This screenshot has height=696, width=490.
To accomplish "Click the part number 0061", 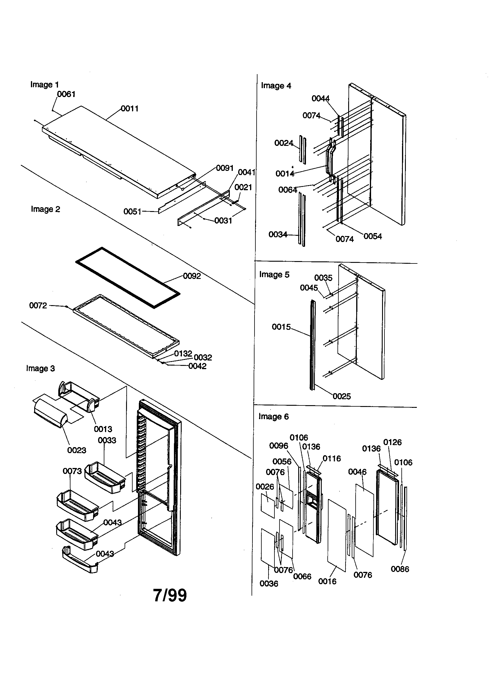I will click(x=66, y=94).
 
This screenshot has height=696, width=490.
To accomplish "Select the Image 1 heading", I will click(x=45, y=85).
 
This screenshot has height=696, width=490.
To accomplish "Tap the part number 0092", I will click(x=192, y=276).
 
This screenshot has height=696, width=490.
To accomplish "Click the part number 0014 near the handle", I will click(x=285, y=174).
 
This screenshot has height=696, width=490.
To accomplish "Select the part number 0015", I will click(x=281, y=327).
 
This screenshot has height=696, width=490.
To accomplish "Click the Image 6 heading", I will click(x=274, y=416).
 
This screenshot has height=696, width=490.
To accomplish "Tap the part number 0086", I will click(x=400, y=569).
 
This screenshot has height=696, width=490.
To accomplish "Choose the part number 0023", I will click(x=77, y=450).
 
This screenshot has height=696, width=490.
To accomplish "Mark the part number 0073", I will click(x=72, y=471).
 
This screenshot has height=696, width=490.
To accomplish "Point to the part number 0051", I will click(x=132, y=212).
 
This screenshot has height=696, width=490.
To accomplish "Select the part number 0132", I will click(x=183, y=353).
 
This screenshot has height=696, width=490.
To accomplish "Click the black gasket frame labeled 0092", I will click(x=127, y=278).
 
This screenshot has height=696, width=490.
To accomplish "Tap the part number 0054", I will click(x=373, y=236).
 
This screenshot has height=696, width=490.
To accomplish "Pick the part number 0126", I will click(x=392, y=442).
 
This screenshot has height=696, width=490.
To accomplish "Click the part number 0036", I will click(x=268, y=583).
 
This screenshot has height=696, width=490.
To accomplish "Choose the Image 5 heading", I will click(x=274, y=274).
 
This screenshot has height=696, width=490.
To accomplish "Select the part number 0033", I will click(x=107, y=440).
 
